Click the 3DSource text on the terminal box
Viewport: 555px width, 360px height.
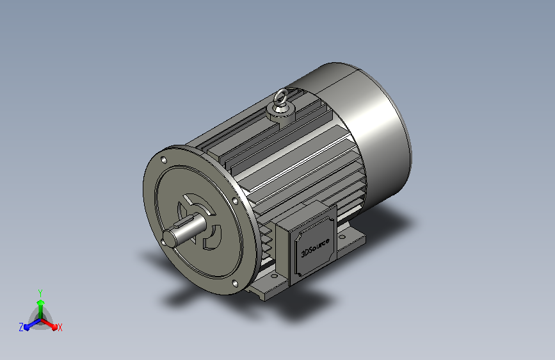[315, 248]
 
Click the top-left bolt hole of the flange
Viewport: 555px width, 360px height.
[163, 160]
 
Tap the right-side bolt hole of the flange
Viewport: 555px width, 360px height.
[235, 201]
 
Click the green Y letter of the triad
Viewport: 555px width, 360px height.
[40, 293]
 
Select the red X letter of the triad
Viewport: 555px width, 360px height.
[60, 328]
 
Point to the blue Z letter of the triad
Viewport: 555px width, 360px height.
[21, 327]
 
